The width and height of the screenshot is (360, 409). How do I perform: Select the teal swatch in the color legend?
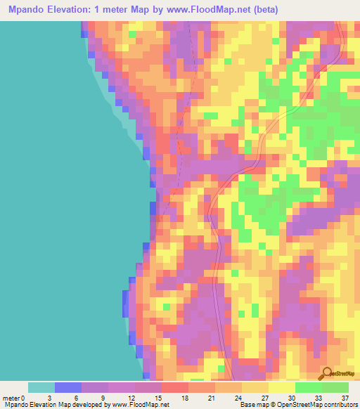[41, 387]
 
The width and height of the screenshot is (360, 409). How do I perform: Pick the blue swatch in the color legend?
[68, 387]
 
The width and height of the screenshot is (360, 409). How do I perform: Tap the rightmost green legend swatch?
[335, 387]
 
